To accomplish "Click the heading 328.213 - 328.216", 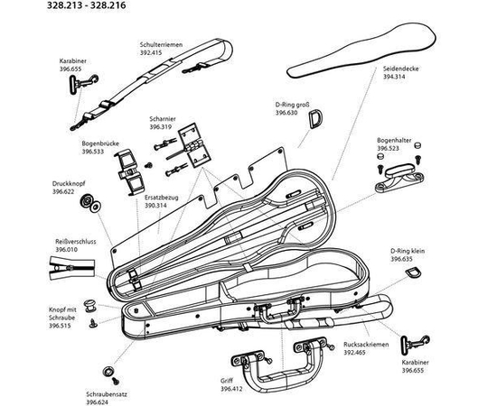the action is (86, 5).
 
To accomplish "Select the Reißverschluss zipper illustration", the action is (72, 269).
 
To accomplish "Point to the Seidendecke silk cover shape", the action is (361, 52).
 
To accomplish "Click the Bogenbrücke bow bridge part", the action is (129, 171).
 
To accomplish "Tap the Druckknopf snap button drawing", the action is (90, 204).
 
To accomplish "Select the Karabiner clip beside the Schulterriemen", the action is (82, 83).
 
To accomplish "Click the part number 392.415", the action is (151, 52).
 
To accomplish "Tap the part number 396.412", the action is (231, 389).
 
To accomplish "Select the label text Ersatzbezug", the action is (162, 198).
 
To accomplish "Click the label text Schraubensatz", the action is (107, 394).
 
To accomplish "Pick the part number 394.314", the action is (394, 77).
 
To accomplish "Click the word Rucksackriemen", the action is (366, 345).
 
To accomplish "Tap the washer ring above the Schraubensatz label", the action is (108, 371).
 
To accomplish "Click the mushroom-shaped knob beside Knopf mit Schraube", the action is (89, 306).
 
